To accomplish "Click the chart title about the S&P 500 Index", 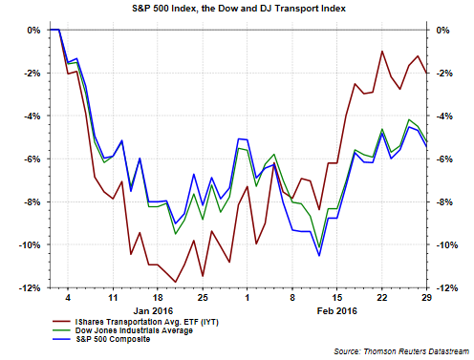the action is tap(239, 9).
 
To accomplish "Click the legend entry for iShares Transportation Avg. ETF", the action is tap(136, 322).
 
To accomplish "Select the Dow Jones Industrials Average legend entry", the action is tap(122, 330).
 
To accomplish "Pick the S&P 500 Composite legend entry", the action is tap(101, 339).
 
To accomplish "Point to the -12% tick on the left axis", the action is tap(30, 288).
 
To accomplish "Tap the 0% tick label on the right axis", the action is tap(442, 31).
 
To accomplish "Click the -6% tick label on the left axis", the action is tap(32, 159).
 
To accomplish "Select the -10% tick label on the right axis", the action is tap(446, 245).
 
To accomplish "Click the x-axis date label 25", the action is tap(203, 298).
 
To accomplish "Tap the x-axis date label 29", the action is tap(427, 298).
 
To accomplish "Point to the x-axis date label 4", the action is tap(68, 298).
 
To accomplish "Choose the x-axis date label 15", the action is tap(337, 298).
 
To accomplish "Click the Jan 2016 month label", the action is tap(153, 310).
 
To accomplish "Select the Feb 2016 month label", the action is tap(337, 310).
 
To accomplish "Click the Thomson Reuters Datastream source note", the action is tap(401, 351).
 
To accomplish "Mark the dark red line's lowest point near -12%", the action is tap(176, 282).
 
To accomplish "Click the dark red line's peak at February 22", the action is tap(382, 51).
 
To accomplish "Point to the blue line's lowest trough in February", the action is tap(319, 256).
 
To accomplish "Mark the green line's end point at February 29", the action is tap(427, 141).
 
